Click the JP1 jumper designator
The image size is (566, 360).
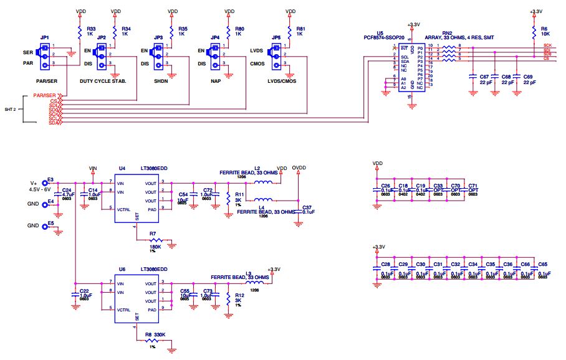tap(44, 38)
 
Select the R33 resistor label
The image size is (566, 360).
tap(91, 29)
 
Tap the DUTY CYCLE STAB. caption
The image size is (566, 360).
tap(108, 82)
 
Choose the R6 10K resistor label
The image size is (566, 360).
tap(544, 29)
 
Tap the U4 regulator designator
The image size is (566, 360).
tap(122, 168)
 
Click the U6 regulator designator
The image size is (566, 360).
tap(122, 269)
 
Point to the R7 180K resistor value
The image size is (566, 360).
tap(155, 247)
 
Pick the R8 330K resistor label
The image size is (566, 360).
tap(158, 335)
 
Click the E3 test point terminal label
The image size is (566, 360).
tap(50, 179)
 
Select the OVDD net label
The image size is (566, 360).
tap(299, 168)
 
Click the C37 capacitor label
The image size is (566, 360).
tap(306, 207)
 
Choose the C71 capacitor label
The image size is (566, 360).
tap(473, 186)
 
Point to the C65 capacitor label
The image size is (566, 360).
tap(543, 265)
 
